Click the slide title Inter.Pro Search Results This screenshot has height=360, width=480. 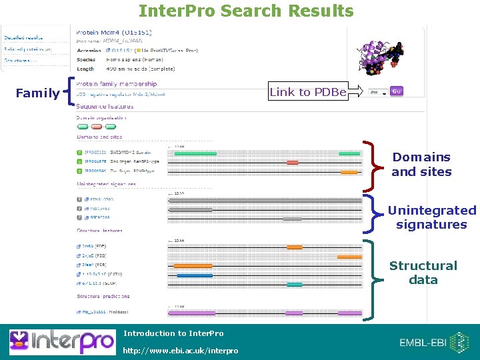pos(246,11)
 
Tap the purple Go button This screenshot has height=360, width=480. pos(397,91)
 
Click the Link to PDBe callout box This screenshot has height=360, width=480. pos(307,92)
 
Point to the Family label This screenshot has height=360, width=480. pos(37,93)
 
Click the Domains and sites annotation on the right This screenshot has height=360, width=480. pos(421,165)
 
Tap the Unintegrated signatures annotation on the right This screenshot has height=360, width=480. pos(432,217)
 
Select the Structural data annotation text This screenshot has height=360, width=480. pos(423,273)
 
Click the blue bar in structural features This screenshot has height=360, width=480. pos(195,275)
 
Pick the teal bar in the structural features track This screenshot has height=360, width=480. pos(294,285)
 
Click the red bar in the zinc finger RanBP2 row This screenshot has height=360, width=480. pos(293,162)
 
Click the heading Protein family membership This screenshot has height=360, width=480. pos(117,84)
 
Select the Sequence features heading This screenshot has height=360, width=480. pos(105,107)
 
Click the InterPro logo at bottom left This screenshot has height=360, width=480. pos(61,341)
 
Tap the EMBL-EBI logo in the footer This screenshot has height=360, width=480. pos(433,342)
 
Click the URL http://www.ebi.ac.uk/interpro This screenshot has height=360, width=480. pos(181,351)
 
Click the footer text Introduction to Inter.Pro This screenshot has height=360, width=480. pos(173,333)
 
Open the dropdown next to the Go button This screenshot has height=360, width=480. pos(378,92)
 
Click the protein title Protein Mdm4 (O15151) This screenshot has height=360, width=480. pos(114,32)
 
